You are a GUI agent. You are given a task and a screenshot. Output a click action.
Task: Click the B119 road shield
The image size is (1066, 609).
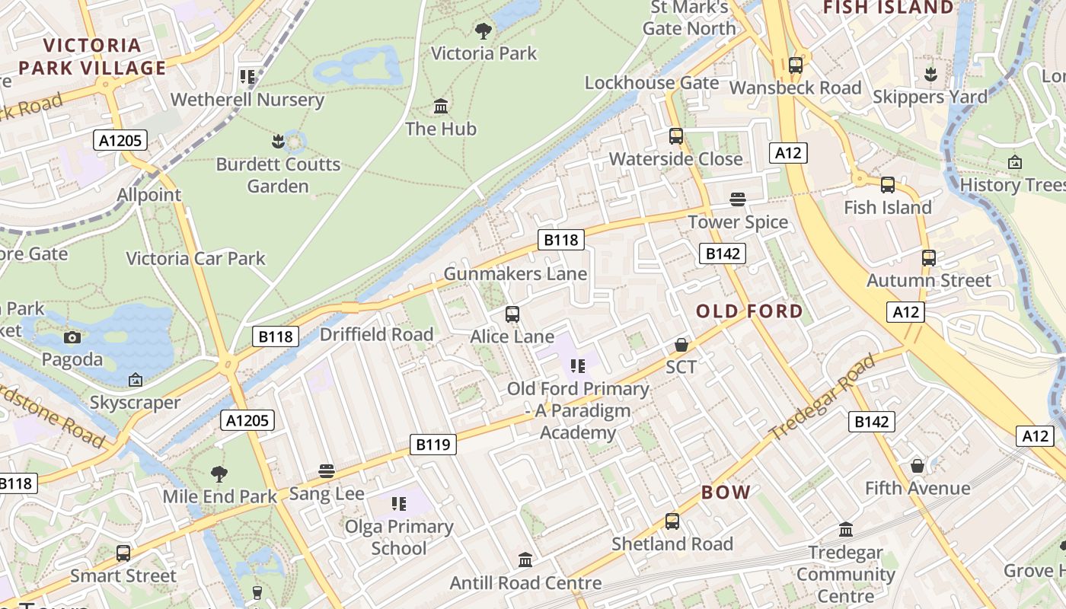433,445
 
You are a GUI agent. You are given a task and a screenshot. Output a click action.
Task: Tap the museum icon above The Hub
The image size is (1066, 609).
441,106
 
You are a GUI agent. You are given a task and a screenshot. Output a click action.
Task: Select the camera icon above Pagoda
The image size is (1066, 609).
72,337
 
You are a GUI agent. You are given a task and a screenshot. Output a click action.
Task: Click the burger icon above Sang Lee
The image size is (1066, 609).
327,471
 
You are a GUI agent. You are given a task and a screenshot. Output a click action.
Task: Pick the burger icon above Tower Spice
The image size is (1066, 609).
737,199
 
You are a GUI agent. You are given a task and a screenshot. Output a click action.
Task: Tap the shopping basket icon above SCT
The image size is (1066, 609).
681,345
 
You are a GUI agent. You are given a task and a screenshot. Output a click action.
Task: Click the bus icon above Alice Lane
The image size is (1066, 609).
512,314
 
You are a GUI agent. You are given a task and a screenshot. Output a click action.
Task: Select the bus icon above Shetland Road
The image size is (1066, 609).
672,521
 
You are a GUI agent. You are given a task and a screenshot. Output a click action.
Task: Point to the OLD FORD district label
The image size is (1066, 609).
749,311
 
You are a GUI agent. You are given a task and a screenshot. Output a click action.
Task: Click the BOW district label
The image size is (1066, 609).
726,493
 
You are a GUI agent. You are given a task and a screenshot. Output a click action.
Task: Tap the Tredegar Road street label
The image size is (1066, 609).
822,397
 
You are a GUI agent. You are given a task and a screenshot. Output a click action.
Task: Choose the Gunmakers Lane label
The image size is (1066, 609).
515,274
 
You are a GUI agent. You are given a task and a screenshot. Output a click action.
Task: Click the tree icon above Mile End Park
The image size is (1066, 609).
219,474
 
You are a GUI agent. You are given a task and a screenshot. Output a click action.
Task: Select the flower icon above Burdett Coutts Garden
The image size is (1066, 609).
278,142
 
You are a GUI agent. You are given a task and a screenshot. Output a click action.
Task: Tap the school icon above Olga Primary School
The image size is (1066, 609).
399,504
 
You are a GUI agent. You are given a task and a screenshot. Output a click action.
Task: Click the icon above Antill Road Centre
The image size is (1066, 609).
525,560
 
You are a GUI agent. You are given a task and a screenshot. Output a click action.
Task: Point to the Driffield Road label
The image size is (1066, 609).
376,335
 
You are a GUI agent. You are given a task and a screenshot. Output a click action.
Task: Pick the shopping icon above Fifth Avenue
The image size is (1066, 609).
918,466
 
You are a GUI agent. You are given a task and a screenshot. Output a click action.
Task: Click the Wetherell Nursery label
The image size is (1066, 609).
247,100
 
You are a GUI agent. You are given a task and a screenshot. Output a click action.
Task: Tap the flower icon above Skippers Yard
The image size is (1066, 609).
930,75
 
